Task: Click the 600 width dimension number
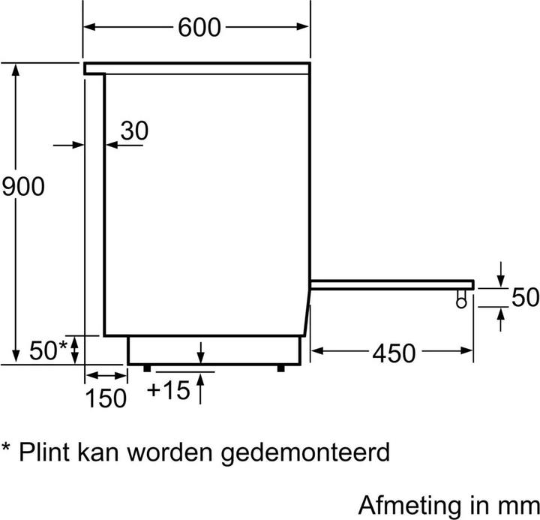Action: tap(199, 27)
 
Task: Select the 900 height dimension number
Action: tap(23, 186)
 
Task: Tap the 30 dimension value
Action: tap(134, 131)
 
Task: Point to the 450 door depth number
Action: tap(394, 353)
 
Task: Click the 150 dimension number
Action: tap(106, 398)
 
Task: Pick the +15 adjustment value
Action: tap(169, 390)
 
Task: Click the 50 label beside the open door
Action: tap(525, 297)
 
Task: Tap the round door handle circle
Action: tap(461, 302)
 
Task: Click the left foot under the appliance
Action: tap(147, 368)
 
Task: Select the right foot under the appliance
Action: tap(281, 368)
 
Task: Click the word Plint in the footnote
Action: tap(44, 452)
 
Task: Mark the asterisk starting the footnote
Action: tap(6, 446)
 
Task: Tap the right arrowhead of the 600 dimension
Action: tap(302, 26)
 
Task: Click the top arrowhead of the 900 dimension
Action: tap(16, 70)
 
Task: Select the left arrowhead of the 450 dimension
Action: tap(317, 351)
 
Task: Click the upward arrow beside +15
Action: tap(200, 389)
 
